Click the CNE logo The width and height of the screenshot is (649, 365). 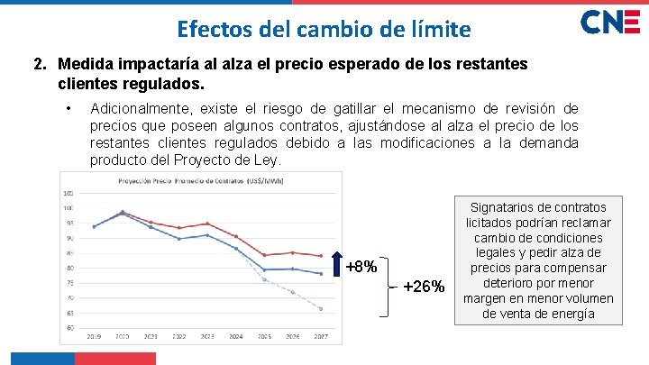[610, 23]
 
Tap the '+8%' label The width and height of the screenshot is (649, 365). [361, 267]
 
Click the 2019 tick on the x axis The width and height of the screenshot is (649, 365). [94, 336]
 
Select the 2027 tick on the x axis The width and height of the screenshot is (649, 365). [321, 336]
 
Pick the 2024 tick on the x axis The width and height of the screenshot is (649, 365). [236, 336]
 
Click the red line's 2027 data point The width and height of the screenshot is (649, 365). [321, 256]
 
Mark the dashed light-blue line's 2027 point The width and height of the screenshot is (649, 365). [321, 309]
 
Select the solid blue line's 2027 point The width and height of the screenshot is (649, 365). [321, 273]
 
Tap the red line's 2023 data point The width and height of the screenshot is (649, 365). [207, 224]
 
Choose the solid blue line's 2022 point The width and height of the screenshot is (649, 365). [179, 239]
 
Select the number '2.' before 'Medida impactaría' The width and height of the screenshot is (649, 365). [41, 65]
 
